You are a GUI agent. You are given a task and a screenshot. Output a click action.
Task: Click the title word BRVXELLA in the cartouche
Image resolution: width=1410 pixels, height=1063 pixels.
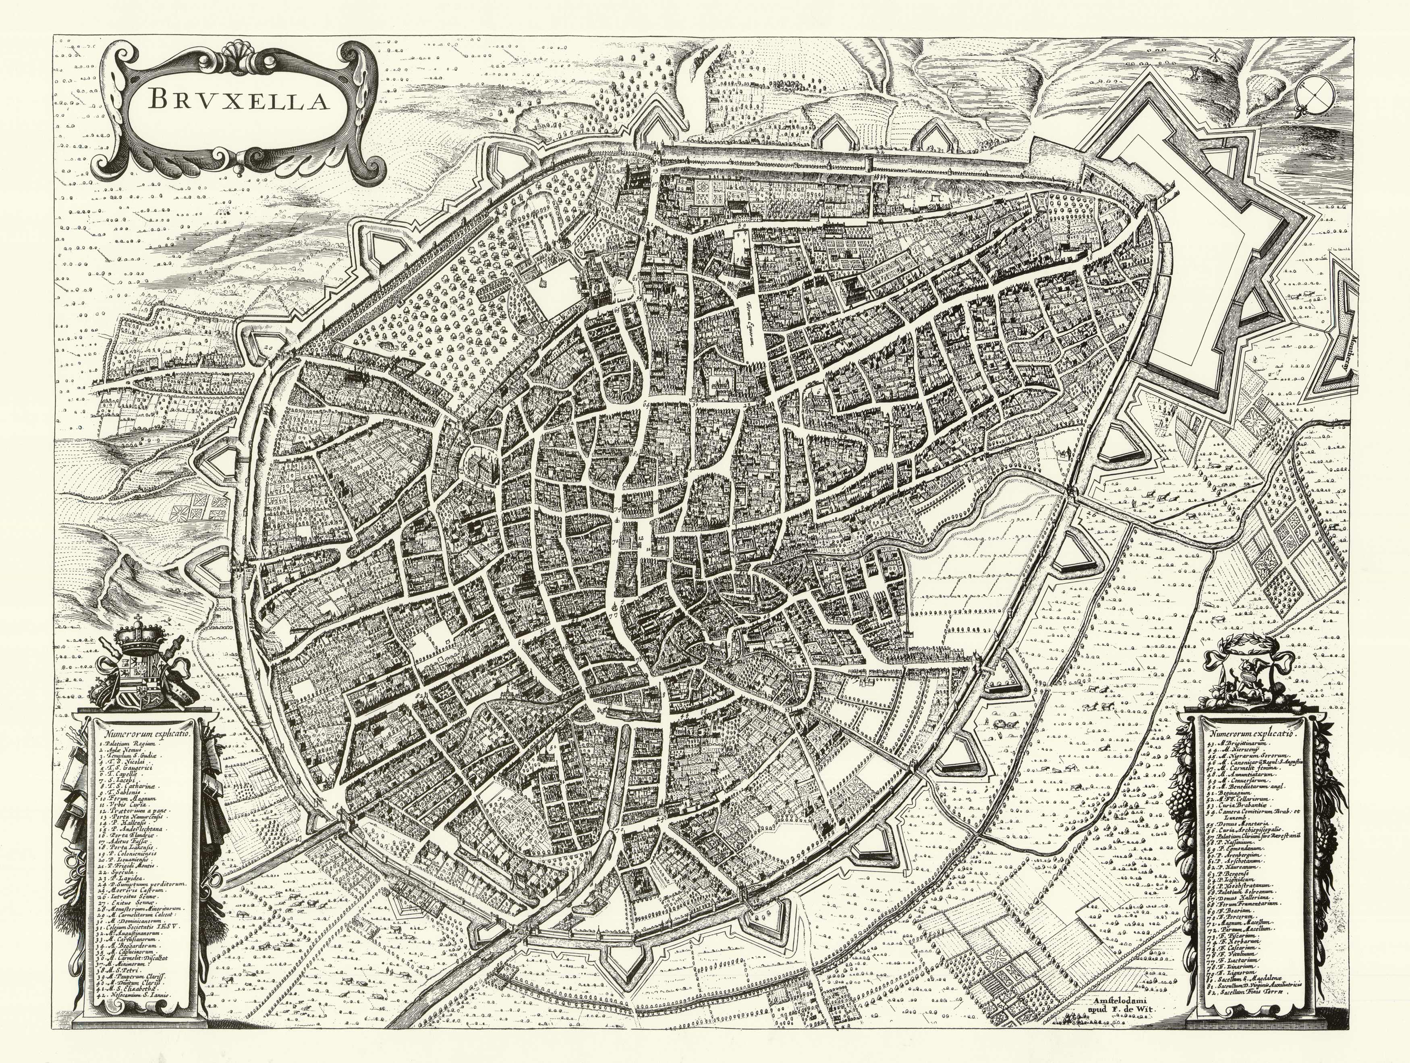coord(238,100)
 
